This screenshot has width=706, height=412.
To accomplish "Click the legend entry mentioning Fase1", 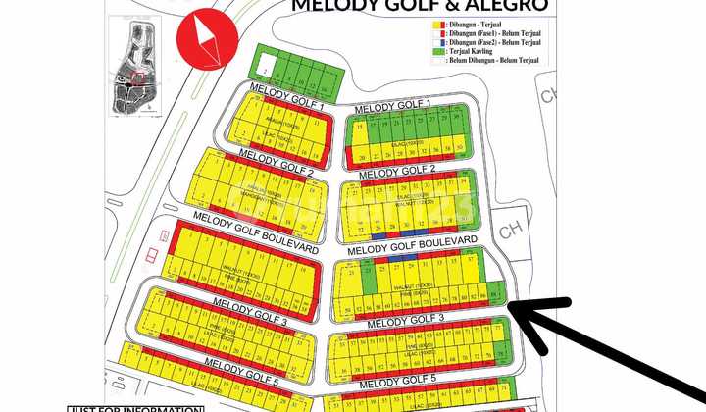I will pyautogui.click(x=496, y=33).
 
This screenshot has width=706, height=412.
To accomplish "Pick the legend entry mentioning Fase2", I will pyautogui.click(x=496, y=42).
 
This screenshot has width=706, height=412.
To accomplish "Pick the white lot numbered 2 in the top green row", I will pyautogui.click(x=265, y=69).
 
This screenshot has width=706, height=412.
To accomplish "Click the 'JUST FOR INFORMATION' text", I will pyautogui.click(x=135, y=408).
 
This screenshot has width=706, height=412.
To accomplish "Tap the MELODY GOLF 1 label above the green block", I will pyautogui.click(x=392, y=106).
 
